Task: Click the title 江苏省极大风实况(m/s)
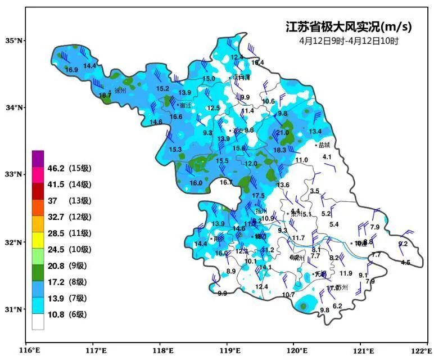click(x=349, y=27)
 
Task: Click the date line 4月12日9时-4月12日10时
click(x=349, y=41)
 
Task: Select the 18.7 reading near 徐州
click(x=105, y=96)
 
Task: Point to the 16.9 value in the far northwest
click(x=71, y=70)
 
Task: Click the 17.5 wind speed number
click(x=258, y=196)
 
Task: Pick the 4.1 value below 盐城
click(x=327, y=156)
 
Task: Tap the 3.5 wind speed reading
click(x=315, y=191)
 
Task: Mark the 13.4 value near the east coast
click(x=315, y=132)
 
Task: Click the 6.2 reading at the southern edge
click(x=337, y=306)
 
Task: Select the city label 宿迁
click(x=185, y=105)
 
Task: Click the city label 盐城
click(x=325, y=145)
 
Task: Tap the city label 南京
click(x=219, y=238)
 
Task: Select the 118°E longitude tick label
click(x=161, y=350)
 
